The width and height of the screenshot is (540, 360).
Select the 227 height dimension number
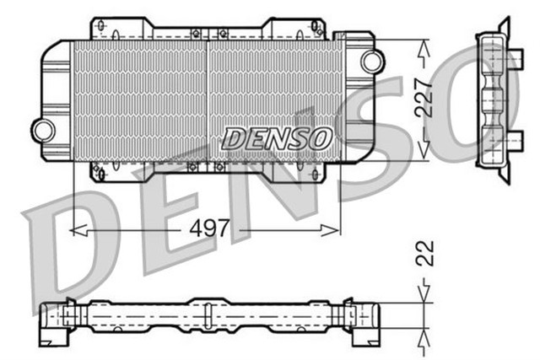click(424, 98)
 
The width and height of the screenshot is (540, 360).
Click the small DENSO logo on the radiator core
click(278, 138)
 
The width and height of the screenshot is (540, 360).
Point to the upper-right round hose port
click(370, 61)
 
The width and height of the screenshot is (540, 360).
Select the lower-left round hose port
click(43, 129)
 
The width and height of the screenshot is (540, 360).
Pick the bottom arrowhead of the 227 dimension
click(424, 151)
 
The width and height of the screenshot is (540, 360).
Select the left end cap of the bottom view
click(54, 320)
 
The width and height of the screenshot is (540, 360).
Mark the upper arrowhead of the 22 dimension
click(424, 296)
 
